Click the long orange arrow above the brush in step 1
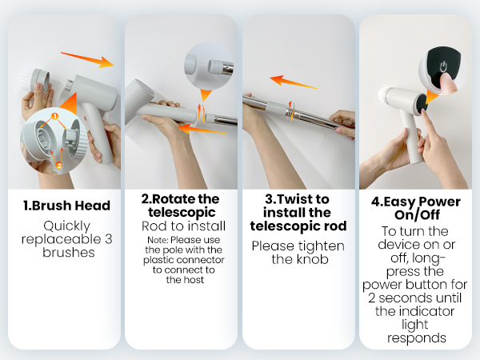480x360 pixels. (87, 58)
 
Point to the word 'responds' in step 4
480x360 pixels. (417, 337)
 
